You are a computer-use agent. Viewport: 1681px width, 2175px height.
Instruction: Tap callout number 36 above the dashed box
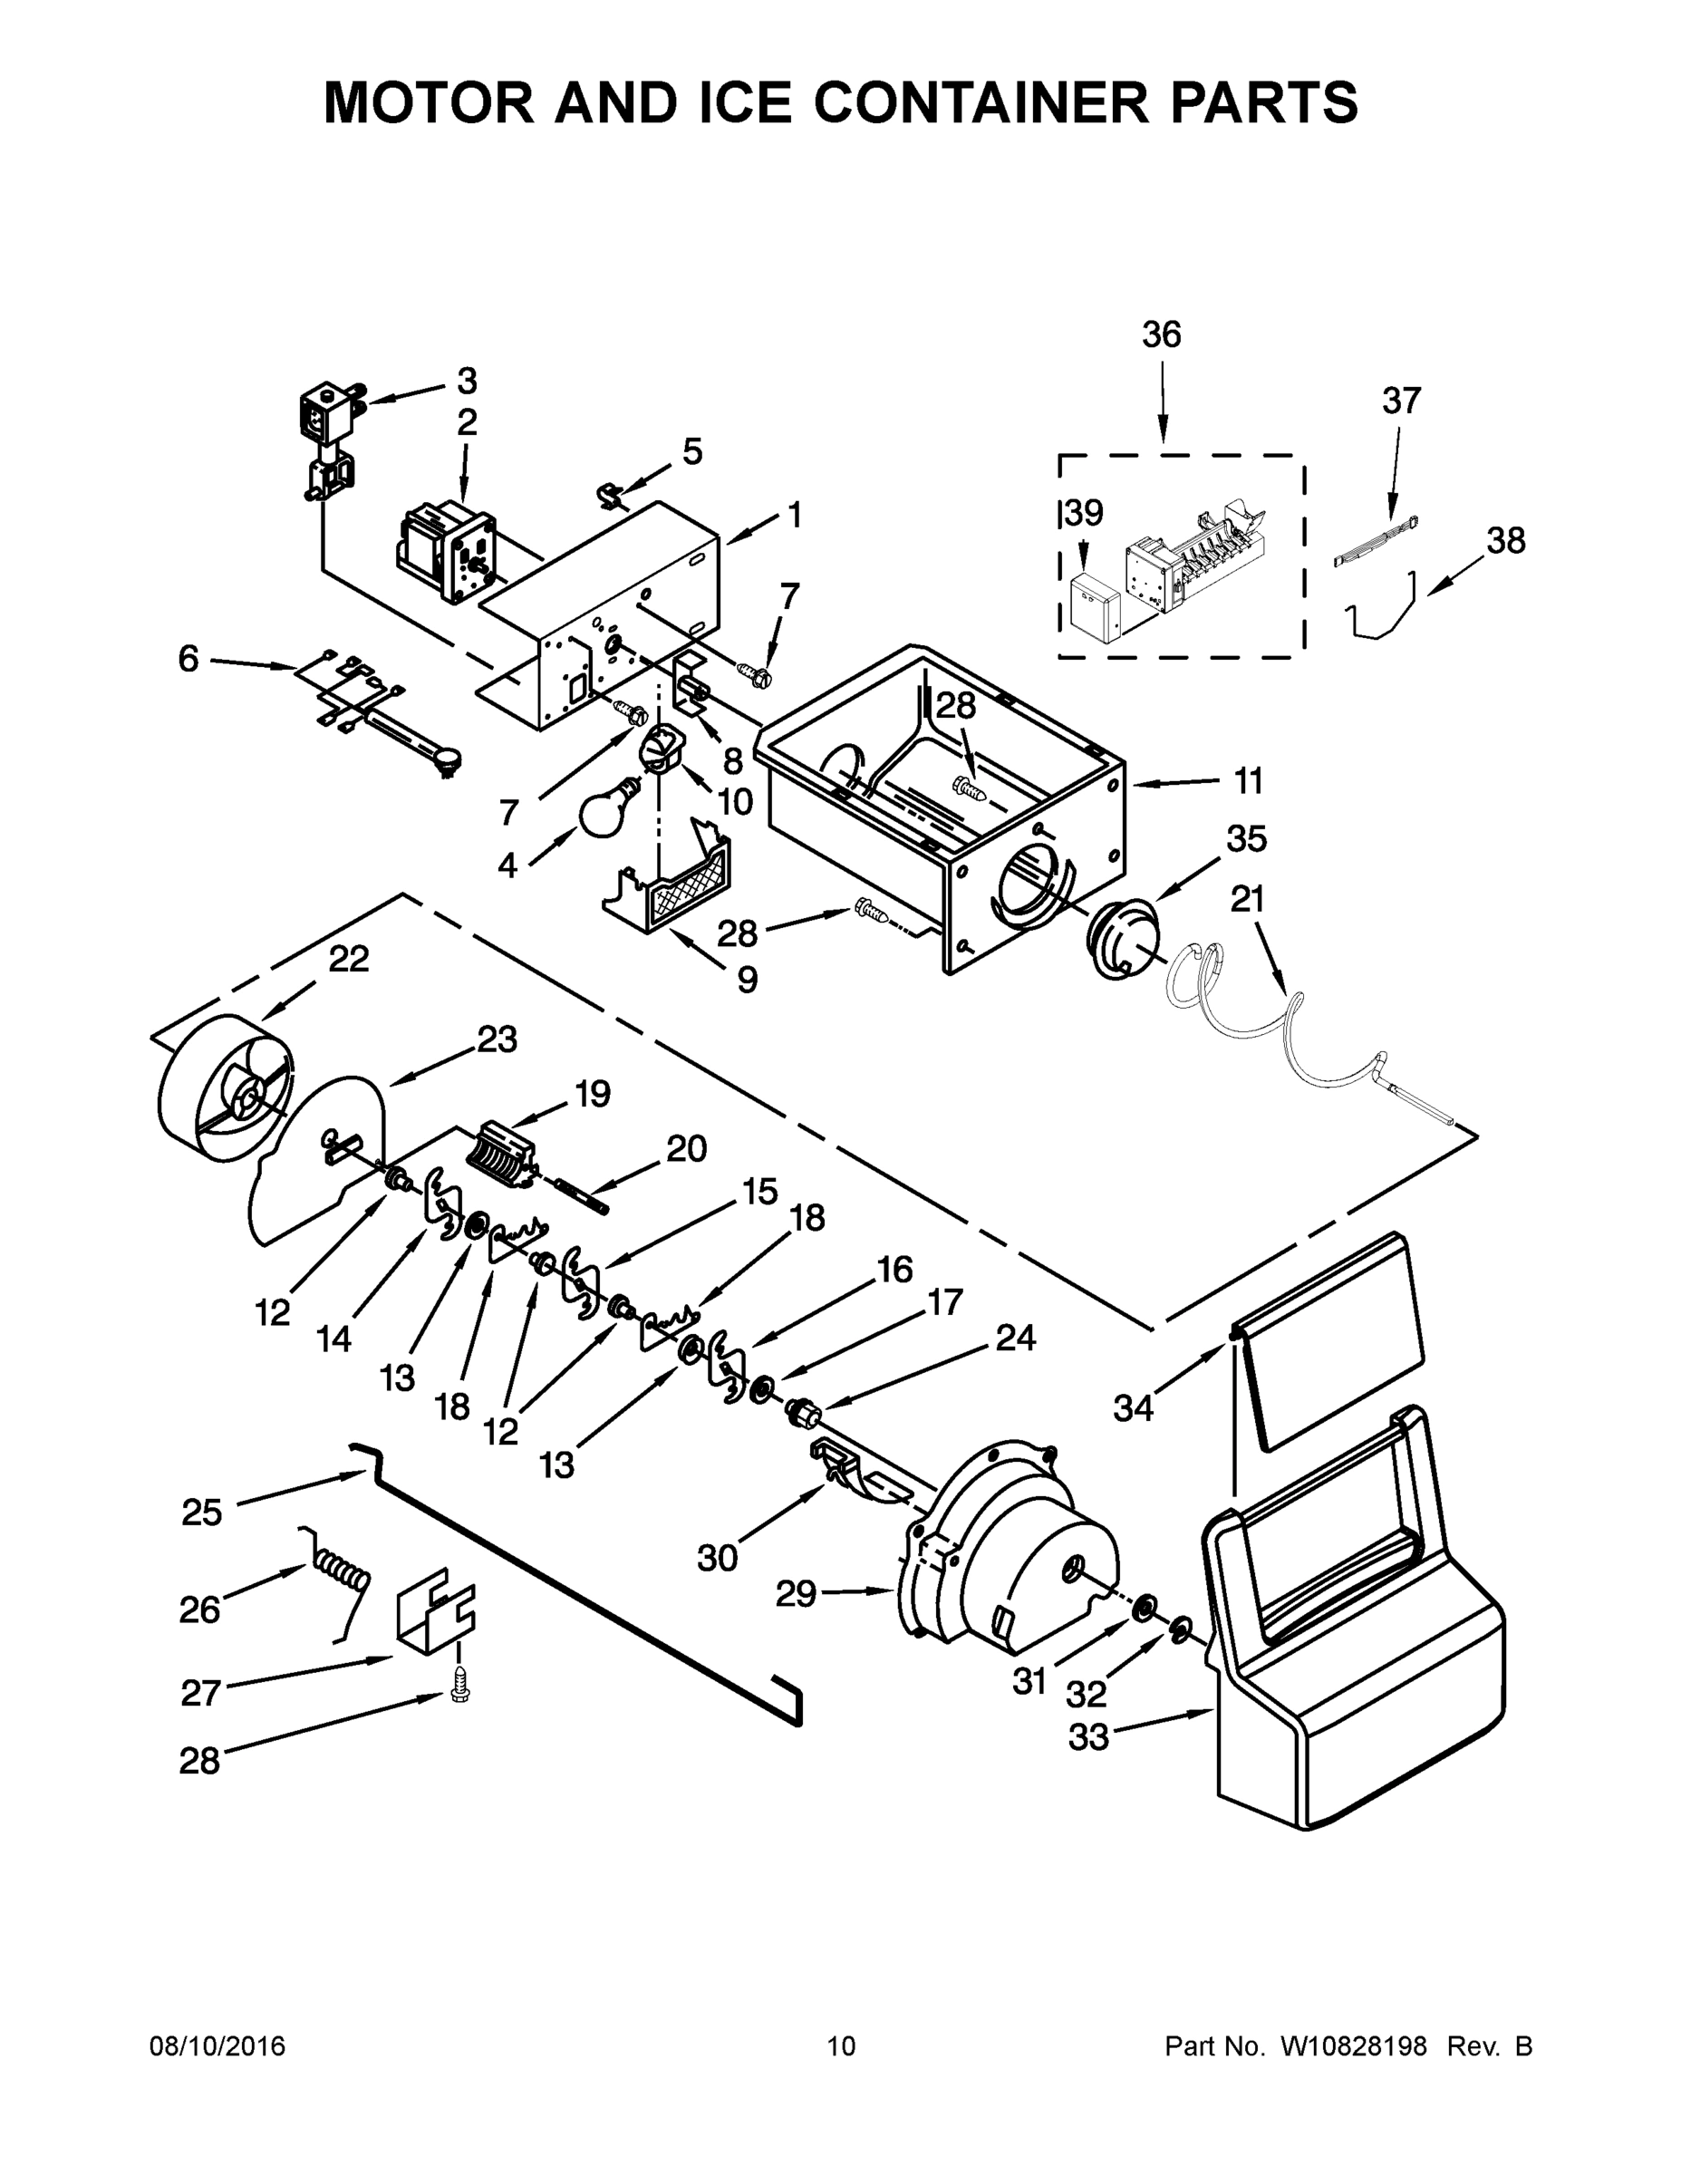(x=1161, y=335)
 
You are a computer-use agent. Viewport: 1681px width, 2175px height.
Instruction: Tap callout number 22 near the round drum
(x=349, y=959)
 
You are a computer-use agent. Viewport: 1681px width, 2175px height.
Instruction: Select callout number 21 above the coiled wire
(x=1247, y=899)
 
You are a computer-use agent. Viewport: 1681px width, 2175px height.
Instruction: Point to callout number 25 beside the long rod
(x=202, y=1513)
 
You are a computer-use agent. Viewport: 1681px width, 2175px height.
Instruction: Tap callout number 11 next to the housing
(x=1248, y=782)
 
